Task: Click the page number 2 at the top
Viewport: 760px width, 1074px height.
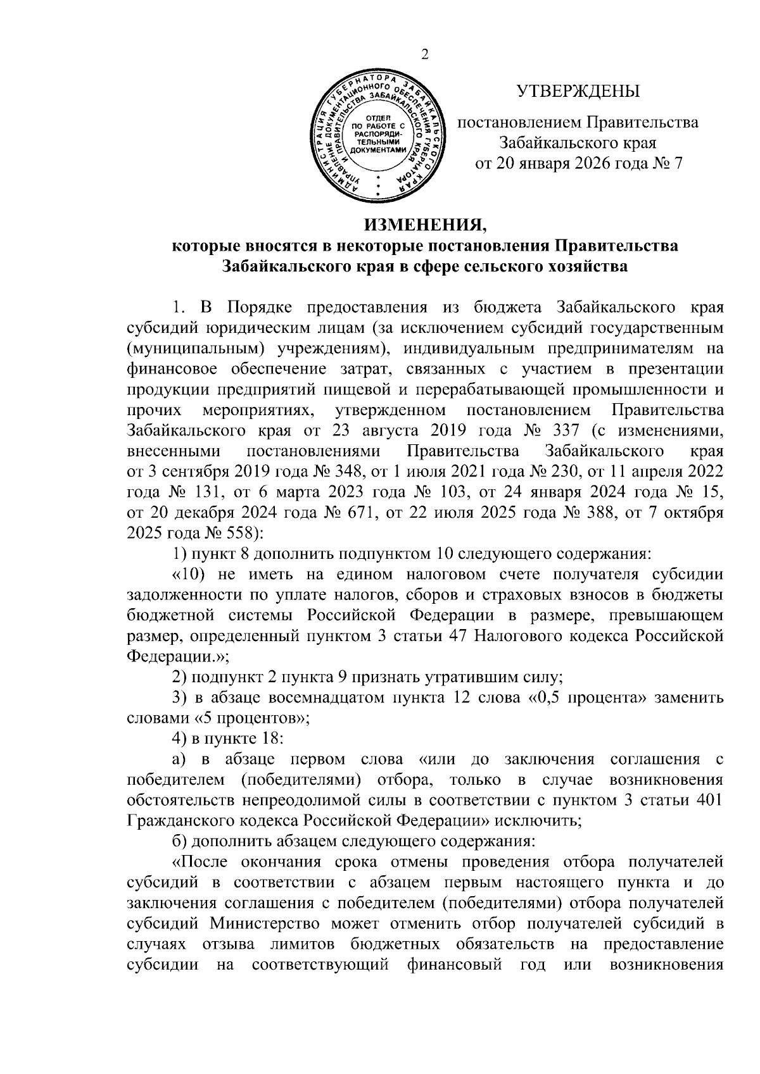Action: pos(425,55)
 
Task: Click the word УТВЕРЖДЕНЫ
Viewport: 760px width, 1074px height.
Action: pos(578,92)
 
